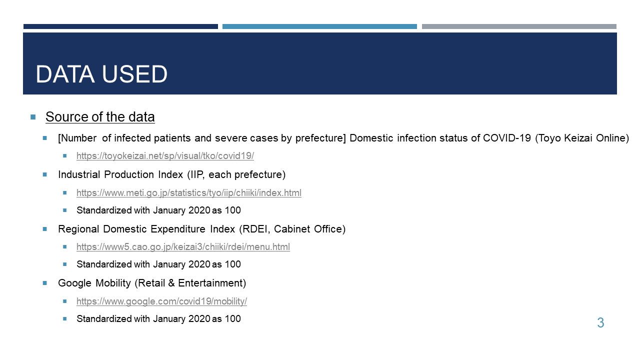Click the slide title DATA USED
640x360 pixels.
point(101,74)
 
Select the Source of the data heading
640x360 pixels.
point(100,117)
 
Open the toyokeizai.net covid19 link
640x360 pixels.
point(165,156)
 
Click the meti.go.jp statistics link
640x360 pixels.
point(189,193)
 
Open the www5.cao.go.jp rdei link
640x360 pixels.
point(183,247)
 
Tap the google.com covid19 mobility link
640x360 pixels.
point(161,301)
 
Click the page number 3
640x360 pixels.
point(600,323)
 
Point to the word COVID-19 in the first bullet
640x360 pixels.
point(507,138)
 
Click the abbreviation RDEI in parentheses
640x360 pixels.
point(255,229)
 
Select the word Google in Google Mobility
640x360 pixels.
point(74,283)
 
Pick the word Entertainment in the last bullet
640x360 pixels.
point(210,283)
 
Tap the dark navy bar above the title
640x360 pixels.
point(120,26)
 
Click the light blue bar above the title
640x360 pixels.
point(319,26)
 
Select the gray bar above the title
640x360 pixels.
point(519,26)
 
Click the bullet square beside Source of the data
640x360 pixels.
point(33,117)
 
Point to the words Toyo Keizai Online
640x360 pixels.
point(581,138)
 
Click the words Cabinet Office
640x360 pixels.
point(308,229)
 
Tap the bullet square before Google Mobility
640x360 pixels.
point(44,283)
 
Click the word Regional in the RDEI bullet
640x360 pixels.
point(78,229)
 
